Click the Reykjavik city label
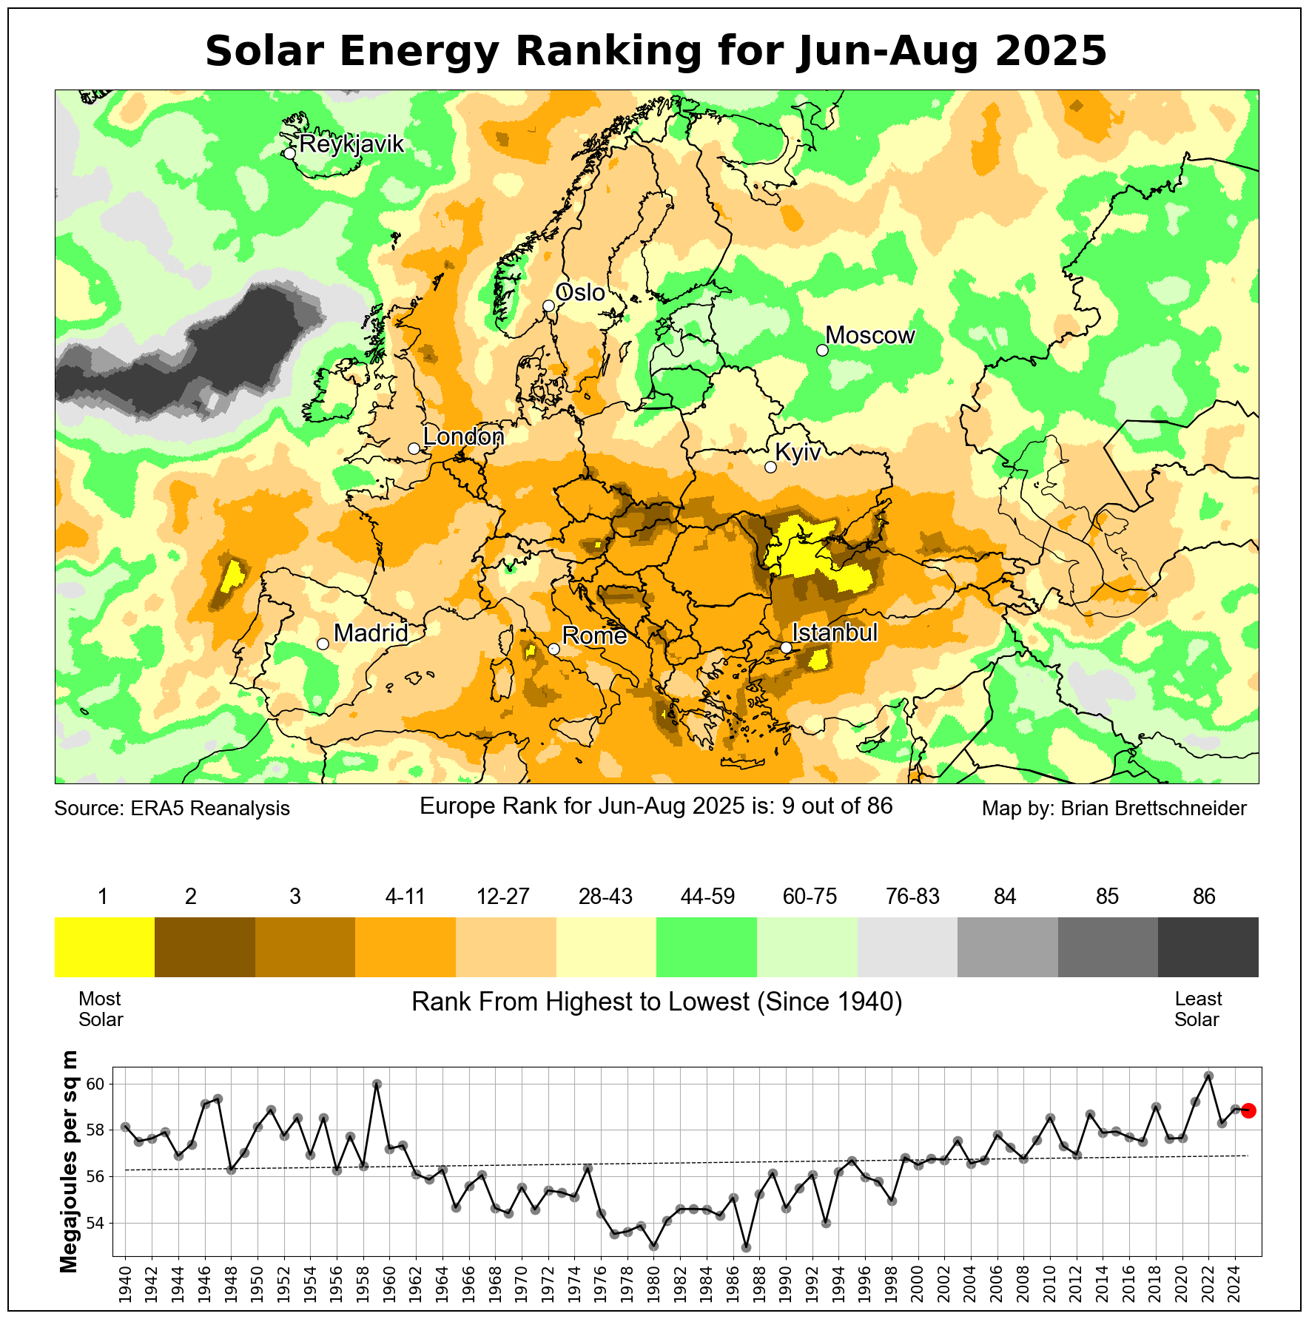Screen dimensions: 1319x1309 coord(351,144)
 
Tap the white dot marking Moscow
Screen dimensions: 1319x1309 coord(822,350)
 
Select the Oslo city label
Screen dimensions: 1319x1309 coord(580,293)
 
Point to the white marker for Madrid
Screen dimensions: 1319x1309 coord(323,644)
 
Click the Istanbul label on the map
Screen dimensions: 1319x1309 coord(835,633)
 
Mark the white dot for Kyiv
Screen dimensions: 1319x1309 coord(770,467)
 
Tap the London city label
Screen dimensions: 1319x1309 coord(463,437)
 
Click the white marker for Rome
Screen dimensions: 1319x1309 coord(553,649)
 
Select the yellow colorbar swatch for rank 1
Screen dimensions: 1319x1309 coord(104,947)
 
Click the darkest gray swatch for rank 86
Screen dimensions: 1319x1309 coord(1208,947)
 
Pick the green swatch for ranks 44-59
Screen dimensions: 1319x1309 coord(707,947)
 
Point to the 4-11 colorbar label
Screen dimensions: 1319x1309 coord(405,897)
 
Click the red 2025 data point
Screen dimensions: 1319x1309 coord(1248,1110)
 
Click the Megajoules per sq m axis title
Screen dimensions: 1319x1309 coord(69,1161)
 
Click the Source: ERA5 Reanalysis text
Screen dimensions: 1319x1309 coord(172,809)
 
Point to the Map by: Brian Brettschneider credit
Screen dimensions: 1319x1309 coord(1114,809)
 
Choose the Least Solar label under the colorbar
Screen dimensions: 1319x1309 coord(1197,1009)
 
